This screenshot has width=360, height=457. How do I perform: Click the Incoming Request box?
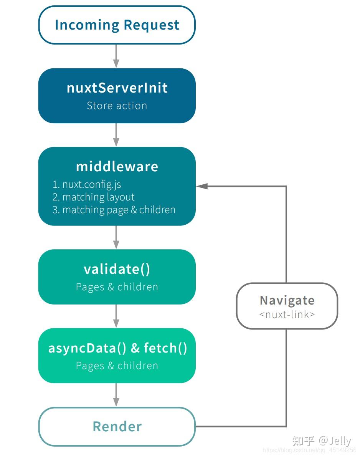117,25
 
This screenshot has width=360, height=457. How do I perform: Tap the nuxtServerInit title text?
117,88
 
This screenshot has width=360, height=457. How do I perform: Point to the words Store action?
117,106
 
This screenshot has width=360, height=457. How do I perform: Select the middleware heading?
117,166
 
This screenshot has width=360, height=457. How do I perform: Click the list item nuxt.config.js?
86,184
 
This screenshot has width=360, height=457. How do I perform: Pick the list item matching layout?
93,197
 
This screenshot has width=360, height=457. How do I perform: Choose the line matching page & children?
114,210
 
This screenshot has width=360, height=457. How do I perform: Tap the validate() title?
117,269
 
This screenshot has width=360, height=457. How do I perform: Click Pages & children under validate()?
117,287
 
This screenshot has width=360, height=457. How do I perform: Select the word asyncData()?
88,348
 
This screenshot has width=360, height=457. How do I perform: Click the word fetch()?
165,348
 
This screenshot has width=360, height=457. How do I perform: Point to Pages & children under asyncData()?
117,366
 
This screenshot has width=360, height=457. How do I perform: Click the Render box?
117,427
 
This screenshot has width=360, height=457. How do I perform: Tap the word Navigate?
287,300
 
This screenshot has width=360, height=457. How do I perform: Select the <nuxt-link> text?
287,315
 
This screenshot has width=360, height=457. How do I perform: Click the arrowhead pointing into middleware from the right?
202,186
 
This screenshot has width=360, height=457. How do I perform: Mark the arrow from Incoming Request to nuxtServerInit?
116,56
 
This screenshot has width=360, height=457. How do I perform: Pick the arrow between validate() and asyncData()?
116,316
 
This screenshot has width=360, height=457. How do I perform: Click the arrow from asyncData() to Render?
116,395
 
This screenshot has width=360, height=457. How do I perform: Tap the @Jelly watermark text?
335,441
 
